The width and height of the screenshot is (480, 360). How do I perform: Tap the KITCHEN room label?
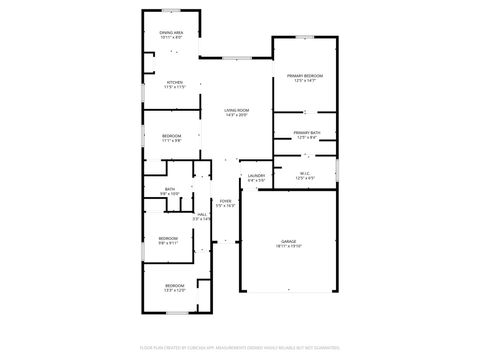tap(174, 85)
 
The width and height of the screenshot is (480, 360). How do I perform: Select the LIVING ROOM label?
tap(236, 112)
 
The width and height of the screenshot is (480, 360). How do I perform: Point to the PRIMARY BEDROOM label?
tap(305, 78)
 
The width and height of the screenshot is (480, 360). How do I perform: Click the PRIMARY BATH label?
tap(307, 135)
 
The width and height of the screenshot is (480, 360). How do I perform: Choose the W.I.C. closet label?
tap(306, 175)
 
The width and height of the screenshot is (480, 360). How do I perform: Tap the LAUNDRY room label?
tap(256, 178)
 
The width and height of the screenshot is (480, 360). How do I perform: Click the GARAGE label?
tap(290, 243)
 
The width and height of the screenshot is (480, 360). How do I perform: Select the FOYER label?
tap(226, 204)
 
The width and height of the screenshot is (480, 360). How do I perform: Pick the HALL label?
tap(202, 216)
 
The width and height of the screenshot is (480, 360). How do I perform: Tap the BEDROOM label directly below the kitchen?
tap(172, 138)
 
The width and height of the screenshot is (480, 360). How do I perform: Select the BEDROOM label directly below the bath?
tap(168, 240)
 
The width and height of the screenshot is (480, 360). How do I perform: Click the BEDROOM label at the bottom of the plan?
tap(175, 288)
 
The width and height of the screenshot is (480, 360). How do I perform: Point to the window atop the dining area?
tap(171, 11)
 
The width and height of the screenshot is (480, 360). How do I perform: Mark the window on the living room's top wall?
tap(236, 57)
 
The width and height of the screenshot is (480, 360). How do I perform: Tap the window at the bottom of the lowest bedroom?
tap(175, 312)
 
